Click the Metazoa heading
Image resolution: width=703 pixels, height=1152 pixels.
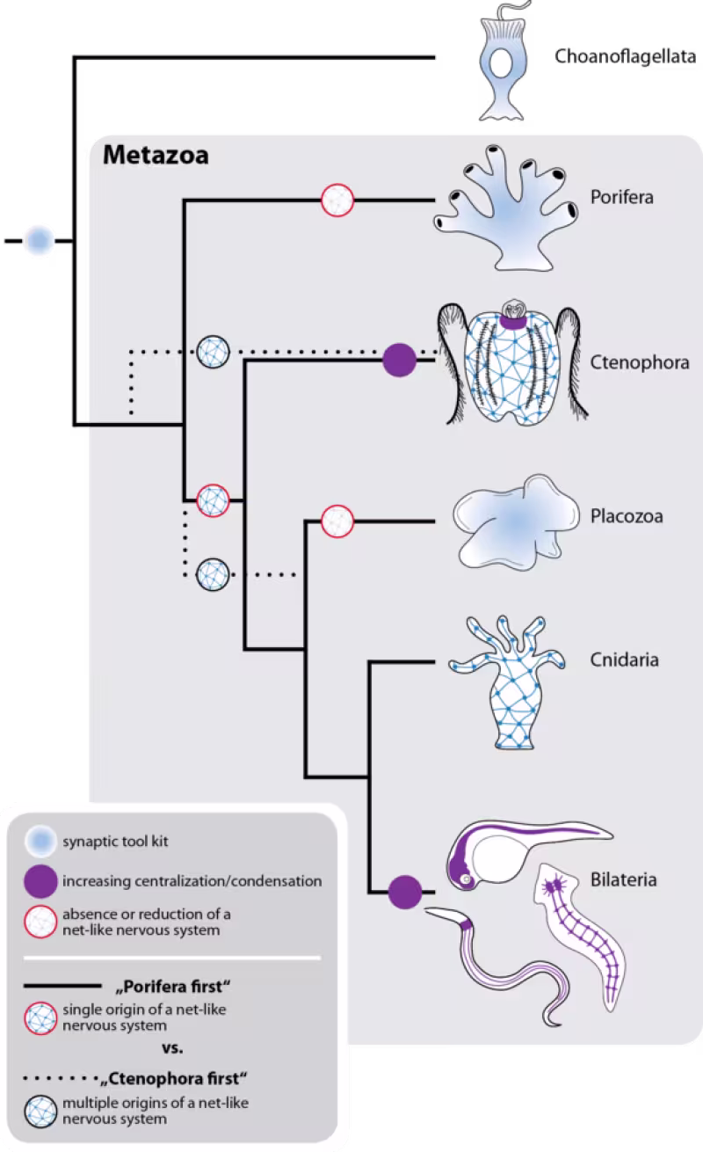156,157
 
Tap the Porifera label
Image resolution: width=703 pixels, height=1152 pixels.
621,197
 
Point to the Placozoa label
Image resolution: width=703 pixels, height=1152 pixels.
627,515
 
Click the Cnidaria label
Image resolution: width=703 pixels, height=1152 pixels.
624,660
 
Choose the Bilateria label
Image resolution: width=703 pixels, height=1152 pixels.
623,879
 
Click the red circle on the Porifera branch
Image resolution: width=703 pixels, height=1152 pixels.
337,200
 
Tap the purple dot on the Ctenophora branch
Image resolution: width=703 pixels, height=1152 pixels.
400,360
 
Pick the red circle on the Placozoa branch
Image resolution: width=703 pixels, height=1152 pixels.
337,520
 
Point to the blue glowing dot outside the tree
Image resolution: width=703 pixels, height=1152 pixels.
39,240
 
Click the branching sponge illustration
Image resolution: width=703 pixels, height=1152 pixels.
508,211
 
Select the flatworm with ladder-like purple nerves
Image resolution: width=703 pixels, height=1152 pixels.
580,932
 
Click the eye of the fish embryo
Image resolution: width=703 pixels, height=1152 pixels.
466,879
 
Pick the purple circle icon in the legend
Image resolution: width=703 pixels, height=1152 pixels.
39,880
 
